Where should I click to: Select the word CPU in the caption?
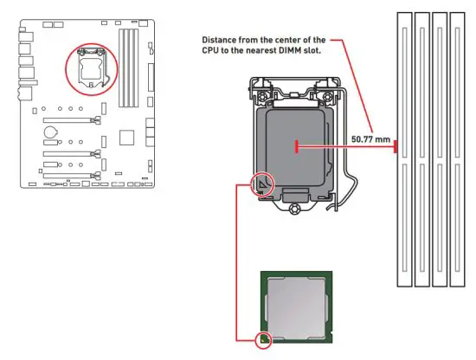[216, 52]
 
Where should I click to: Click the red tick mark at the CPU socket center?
[297, 147]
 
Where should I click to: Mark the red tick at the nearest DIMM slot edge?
[396, 147]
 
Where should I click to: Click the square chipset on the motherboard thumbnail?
[127, 138]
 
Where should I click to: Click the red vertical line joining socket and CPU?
[237, 260]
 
